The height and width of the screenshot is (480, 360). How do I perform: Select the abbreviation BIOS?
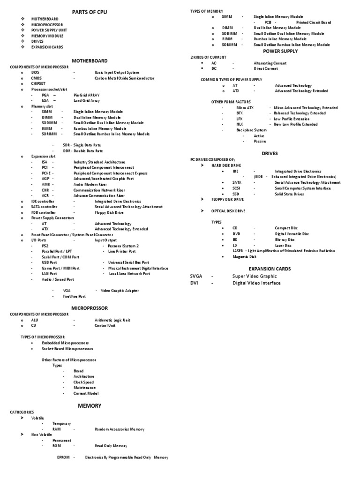[x=36, y=73]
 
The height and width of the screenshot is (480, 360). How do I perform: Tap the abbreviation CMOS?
[x=36, y=78]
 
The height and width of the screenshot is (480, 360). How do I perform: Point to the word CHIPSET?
[x=38, y=83]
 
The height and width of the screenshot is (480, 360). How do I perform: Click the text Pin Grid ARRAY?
[x=86, y=95]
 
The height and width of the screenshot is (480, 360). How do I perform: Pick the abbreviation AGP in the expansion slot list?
[x=45, y=179]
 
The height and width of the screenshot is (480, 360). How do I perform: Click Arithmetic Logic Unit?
[x=112, y=320]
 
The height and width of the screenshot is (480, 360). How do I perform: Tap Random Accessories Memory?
[x=120, y=429]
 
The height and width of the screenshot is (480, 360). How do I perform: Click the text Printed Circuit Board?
[x=314, y=22]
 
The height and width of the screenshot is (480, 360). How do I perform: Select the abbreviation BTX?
[x=240, y=113]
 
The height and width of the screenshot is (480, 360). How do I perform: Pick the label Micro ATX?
[x=245, y=108]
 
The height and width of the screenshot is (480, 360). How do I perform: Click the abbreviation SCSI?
[x=236, y=188]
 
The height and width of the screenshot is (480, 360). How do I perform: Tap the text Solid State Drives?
[x=289, y=194]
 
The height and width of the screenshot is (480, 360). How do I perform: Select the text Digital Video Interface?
[x=256, y=283]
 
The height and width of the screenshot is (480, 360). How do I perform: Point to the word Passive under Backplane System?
[x=260, y=141]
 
